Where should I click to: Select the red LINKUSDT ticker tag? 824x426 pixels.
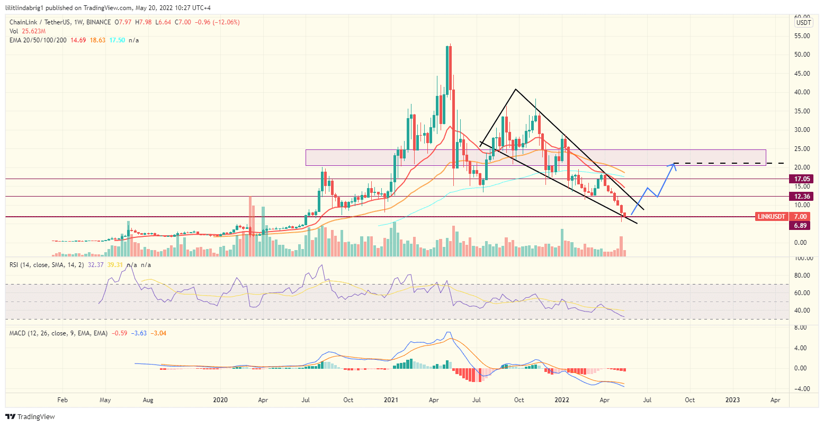pos(772,217)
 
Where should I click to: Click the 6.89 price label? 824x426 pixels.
pos(800,226)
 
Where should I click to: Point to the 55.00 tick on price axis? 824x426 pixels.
pos(802,36)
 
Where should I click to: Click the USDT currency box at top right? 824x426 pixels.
pos(803,23)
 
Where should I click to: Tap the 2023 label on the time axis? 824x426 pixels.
pos(732,400)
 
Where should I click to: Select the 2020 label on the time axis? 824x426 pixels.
pos(220,400)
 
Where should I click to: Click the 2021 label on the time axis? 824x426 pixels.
pos(391,400)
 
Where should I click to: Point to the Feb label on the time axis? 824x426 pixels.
pos(62,400)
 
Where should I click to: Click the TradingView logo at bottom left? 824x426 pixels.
pos(30,417)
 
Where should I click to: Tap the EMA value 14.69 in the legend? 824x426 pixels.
pos(78,40)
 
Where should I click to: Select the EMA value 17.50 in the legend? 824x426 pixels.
pos(117,40)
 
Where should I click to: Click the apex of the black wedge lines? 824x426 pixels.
pos(515,88)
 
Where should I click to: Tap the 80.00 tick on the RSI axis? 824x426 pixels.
pos(802,276)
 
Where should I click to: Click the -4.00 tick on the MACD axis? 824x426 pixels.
pos(802,389)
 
